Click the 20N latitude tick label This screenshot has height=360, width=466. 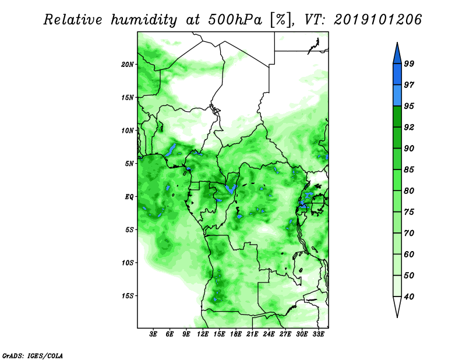pos(127,65)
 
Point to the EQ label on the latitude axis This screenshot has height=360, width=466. pos(129,197)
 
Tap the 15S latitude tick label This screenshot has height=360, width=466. pos(127,296)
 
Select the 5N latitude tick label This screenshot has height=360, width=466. pos(129,164)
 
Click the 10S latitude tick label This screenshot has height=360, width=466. pos(127,263)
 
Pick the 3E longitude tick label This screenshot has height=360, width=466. pos(153,334)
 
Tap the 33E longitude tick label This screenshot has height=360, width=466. pos(318,334)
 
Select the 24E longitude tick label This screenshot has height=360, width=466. pos(269,334)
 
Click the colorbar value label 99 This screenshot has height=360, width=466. pos(409,63)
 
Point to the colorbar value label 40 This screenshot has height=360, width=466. pos(409,297)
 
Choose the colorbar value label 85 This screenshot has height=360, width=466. pos(409,170)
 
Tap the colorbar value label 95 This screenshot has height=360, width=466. pos(409,106)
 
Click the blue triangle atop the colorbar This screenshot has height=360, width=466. pos(397,55)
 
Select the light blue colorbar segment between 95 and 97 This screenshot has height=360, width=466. pos(397,96)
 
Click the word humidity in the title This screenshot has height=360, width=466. pos(144,20)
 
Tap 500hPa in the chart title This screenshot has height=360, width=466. pos(235,20)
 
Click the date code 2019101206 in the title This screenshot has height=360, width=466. pos(377,20)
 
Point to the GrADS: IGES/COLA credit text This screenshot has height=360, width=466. pos(33,355)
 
